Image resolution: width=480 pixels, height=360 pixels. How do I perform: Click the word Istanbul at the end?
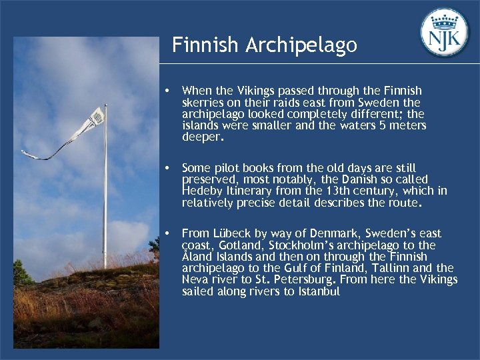(316, 292)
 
